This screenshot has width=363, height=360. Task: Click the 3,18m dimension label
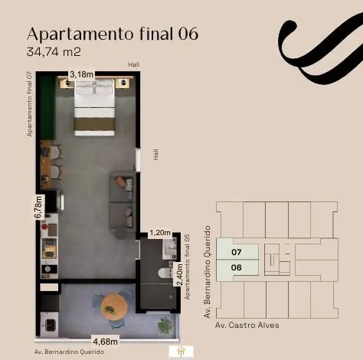(x=81, y=74)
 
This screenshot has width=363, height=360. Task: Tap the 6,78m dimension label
(x=39, y=208)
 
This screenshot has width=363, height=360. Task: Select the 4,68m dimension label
(x=105, y=342)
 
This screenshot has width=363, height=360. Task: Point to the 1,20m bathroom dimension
(x=160, y=233)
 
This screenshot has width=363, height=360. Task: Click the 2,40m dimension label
(x=180, y=274)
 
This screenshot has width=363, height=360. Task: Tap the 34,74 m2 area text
(x=54, y=52)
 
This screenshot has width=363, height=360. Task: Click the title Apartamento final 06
(x=113, y=34)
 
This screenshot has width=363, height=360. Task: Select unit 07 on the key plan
(x=237, y=252)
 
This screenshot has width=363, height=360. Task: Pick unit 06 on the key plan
(x=237, y=267)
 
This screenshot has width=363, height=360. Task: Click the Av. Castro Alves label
(x=247, y=325)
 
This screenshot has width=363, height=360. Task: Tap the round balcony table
(x=114, y=306)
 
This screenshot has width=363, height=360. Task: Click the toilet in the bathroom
(x=165, y=273)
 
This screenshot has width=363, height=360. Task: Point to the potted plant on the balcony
(x=165, y=326)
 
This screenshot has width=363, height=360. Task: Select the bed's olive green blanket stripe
(x=94, y=124)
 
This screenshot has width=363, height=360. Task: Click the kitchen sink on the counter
(x=50, y=248)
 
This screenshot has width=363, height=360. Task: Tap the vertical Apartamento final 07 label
(x=30, y=104)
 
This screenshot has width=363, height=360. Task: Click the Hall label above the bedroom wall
(x=134, y=64)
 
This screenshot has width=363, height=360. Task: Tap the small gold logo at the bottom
(x=181, y=352)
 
